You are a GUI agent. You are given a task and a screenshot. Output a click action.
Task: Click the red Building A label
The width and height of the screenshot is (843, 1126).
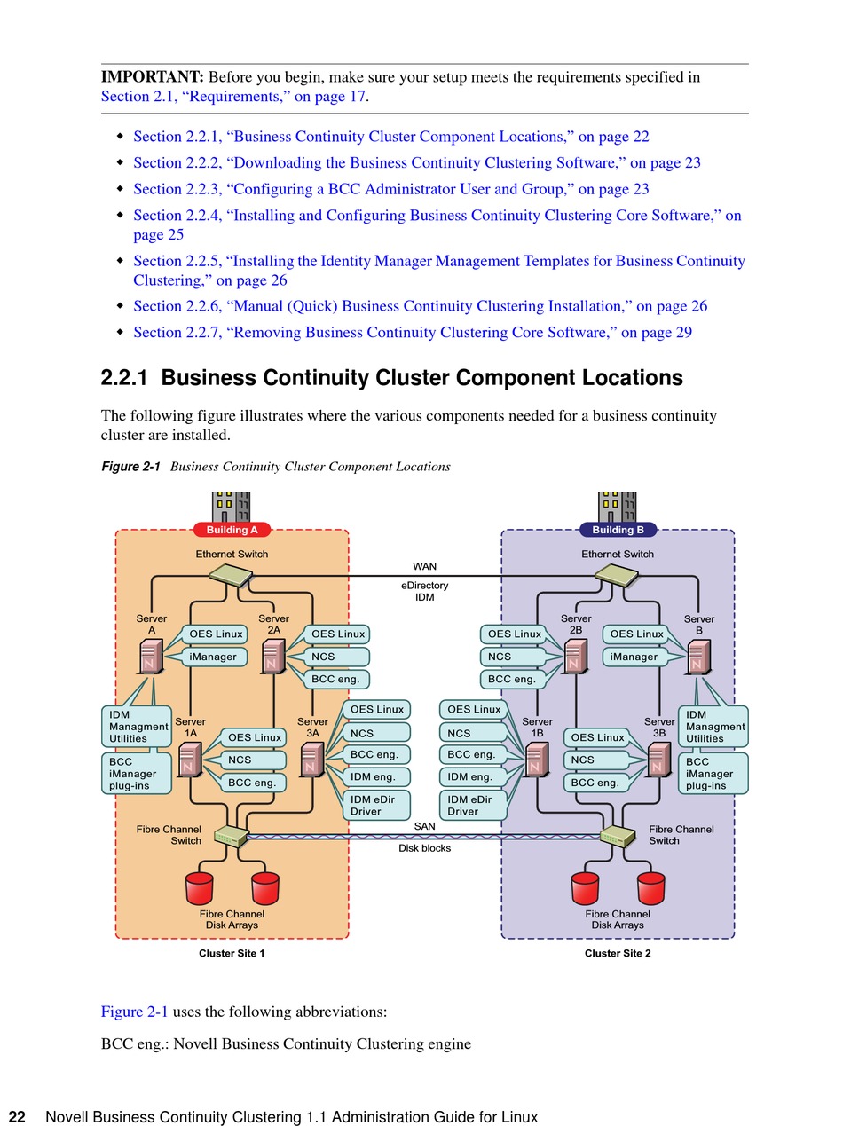(232, 530)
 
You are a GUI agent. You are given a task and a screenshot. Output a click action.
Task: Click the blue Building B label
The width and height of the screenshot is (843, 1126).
(618, 530)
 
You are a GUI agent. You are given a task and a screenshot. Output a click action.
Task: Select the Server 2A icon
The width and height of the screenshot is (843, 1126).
(273, 656)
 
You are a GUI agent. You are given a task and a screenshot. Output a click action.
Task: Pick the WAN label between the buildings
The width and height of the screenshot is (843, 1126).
(424, 566)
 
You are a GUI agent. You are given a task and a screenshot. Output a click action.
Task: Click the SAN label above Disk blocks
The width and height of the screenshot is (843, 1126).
(424, 826)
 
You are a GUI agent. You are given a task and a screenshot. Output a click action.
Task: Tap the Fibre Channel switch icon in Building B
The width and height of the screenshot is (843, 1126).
(618, 835)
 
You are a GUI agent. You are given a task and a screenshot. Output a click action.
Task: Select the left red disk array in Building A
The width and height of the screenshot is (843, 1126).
(200, 887)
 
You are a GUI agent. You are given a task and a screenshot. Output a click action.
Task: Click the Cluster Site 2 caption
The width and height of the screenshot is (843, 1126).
(618, 954)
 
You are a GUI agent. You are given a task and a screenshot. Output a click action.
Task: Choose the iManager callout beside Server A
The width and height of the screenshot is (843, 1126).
(214, 657)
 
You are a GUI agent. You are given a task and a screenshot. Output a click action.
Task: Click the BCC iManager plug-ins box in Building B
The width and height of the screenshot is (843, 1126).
(713, 774)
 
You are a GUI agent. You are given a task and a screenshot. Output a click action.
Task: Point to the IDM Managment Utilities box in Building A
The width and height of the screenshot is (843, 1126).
(137, 727)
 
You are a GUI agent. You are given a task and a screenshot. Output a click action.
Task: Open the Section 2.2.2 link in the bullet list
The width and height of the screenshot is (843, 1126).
(417, 162)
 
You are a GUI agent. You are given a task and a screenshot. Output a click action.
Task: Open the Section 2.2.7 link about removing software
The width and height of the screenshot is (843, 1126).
(413, 333)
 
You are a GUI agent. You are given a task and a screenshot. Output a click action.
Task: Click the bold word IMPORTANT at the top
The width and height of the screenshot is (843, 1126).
(153, 77)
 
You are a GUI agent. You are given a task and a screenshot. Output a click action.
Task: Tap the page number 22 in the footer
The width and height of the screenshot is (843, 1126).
(17, 1117)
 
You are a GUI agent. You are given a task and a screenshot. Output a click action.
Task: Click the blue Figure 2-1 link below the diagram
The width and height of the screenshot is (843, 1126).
(134, 1012)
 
